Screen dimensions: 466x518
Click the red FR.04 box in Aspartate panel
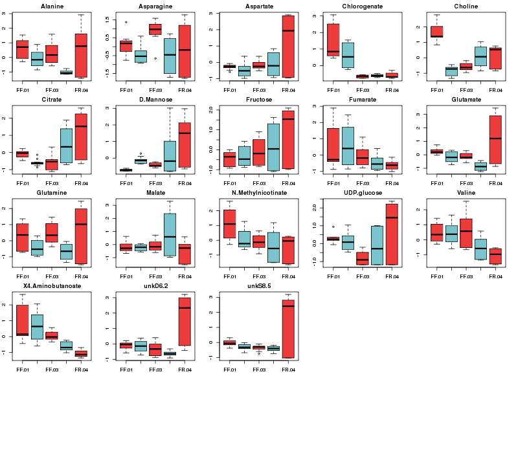(287, 46)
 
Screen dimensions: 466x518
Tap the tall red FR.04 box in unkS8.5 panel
(288, 328)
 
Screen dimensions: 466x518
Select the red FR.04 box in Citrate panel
(81, 136)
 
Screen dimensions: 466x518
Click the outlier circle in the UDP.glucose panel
(333, 227)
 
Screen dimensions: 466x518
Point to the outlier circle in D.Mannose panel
(141, 153)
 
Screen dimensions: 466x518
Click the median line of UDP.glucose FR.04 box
(391, 217)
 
